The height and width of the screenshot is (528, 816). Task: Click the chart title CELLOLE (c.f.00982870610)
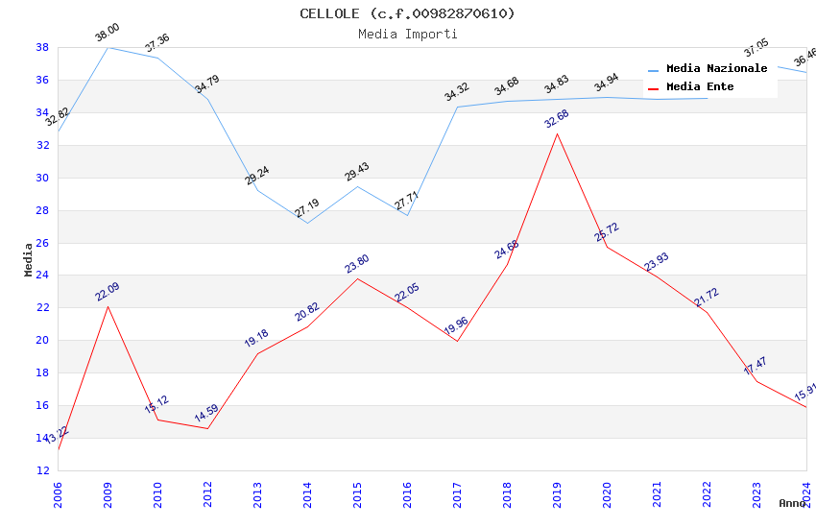(x=407, y=13)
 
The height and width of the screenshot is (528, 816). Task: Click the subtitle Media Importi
(x=407, y=34)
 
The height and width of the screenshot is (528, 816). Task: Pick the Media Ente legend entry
(x=700, y=87)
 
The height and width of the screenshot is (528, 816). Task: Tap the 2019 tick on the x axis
(x=557, y=491)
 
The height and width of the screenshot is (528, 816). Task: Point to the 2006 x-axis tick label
(x=58, y=491)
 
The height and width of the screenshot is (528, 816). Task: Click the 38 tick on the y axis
(x=42, y=47)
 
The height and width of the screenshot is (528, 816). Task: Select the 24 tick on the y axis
(x=42, y=276)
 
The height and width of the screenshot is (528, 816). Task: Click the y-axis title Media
(x=28, y=259)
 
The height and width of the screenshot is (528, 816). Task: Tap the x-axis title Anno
(x=792, y=503)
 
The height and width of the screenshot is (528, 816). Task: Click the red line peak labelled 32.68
(x=557, y=133)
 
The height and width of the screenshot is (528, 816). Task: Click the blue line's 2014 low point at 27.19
(x=307, y=224)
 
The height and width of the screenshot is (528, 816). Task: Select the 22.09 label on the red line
(x=107, y=293)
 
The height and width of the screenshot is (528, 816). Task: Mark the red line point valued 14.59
(x=207, y=428)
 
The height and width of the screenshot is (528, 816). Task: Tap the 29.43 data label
(x=356, y=173)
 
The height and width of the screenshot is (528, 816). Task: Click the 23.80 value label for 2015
(x=356, y=265)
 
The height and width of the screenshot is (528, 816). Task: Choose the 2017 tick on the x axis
(x=457, y=491)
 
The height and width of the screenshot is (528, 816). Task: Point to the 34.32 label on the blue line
(x=456, y=93)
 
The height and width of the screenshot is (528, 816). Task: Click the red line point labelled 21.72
(x=707, y=312)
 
